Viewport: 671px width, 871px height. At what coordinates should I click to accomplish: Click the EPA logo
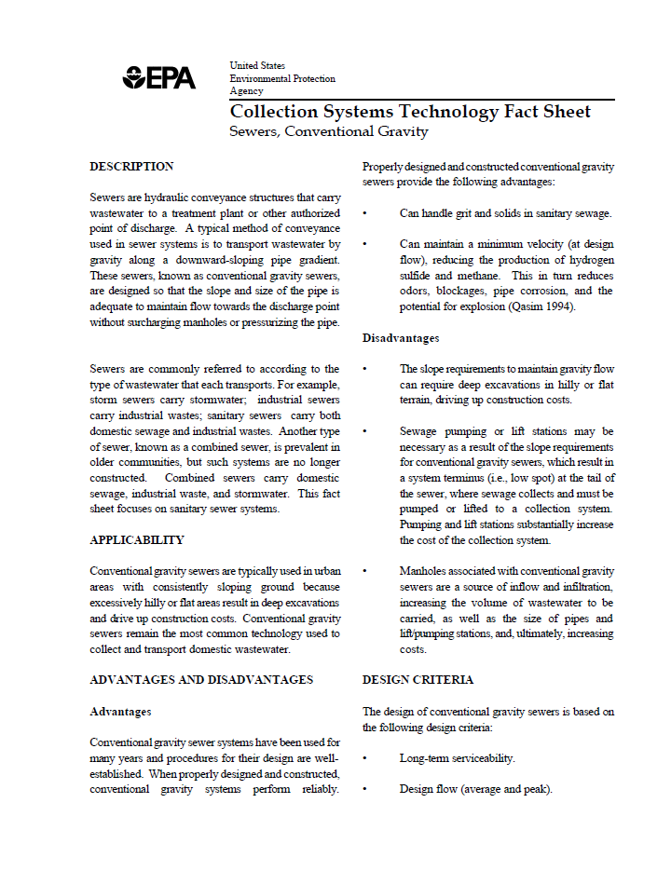tap(159, 78)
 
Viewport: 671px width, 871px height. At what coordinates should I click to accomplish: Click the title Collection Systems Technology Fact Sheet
tap(410, 112)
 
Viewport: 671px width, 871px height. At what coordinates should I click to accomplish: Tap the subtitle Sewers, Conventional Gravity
tap(328, 131)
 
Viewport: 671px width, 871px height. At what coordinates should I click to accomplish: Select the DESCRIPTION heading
tap(131, 167)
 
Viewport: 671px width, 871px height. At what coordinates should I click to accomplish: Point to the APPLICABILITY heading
tap(137, 540)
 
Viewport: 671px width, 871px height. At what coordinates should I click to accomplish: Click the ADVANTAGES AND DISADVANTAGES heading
tap(201, 680)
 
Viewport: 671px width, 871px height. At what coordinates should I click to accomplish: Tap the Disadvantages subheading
tap(401, 338)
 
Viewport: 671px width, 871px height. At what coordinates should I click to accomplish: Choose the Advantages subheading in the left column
tap(120, 712)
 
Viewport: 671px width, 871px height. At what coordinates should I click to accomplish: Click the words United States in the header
tap(257, 66)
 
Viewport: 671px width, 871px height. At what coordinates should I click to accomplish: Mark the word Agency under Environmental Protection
tap(247, 91)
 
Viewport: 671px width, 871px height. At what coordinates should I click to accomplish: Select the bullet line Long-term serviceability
tap(457, 759)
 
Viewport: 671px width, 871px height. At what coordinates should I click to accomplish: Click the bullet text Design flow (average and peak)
tap(475, 789)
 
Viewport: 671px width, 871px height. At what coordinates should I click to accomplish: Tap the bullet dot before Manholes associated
tap(365, 571)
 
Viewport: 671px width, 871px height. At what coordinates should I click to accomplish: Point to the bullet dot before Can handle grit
tap(365, 213)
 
